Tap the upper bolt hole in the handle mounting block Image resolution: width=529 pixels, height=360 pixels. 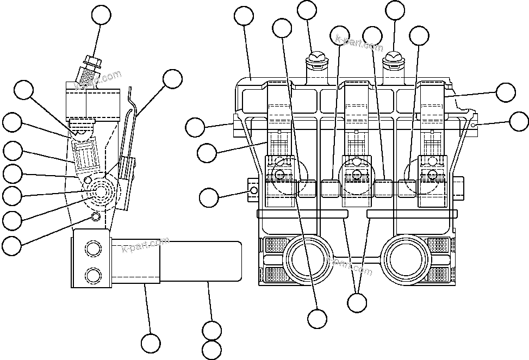tap(92, 250)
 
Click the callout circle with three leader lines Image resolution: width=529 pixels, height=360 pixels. tap(357, 302)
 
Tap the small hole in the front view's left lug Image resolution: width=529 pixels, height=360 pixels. tap(253, 190)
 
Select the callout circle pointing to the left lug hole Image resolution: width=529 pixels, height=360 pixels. tap(210, 197)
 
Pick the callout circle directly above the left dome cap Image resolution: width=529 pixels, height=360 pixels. tap(307, 11)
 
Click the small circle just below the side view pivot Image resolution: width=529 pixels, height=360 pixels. tap(96, 217)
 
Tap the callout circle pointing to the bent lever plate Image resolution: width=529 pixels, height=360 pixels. tap(173, 79)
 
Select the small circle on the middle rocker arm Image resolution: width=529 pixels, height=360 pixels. tap(356, 174)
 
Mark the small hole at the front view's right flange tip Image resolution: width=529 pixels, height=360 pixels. tap(474, 125)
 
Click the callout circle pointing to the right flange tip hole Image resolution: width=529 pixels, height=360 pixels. tap(519, 122)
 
